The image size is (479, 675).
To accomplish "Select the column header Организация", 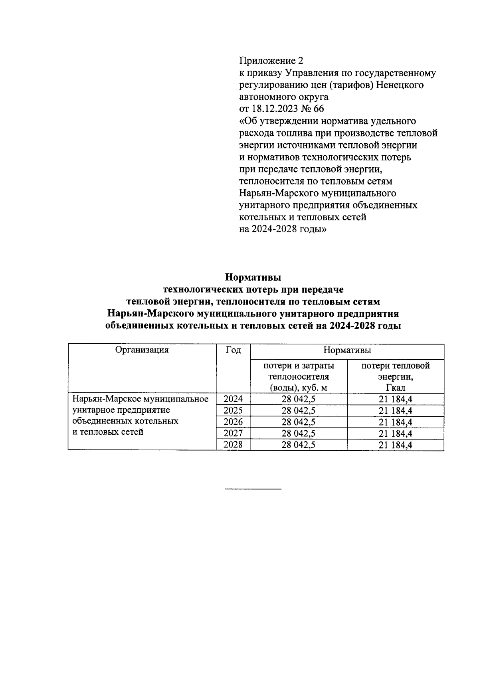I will (x=142, y=350).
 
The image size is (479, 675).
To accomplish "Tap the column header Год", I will (x=233, y=350).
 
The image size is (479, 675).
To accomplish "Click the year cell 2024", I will (x=233, y=399).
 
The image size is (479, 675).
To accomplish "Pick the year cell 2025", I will (x=233, y=410).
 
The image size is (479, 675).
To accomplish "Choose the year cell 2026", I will (x=233, y=422).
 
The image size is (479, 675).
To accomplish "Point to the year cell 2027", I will (x=233, y=434).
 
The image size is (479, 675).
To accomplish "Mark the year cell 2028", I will (x=233, y=445).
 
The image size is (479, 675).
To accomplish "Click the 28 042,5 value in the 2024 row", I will (x=299, y=399).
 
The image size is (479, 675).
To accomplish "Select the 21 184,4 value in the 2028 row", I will (x=395, y=445).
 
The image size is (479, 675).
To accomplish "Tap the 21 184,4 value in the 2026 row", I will (x=395, y=422).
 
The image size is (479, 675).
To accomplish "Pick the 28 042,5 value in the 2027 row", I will (x=299, y=434).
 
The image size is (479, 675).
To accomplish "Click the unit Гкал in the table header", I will (x=395, y=388).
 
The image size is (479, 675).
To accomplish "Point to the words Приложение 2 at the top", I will (x=271, y=61).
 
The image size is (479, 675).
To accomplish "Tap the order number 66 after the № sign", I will (x=319, y=109).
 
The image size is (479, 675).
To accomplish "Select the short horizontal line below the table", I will (x=253, y=489).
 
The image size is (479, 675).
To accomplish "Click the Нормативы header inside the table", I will (x=347, y=350).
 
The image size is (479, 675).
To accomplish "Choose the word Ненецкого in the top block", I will (x=400, y=85).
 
